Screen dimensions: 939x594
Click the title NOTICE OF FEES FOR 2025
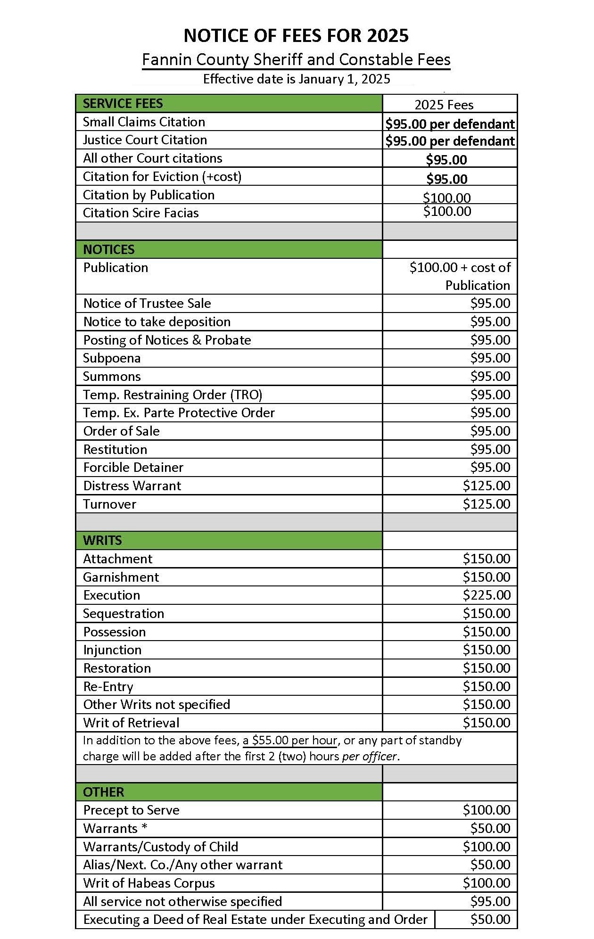pyautogui.click(x=296, y=36)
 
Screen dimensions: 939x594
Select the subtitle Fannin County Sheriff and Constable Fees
pyautogui.click(x=296, y=60)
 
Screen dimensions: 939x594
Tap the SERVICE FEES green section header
pyautogui.click(x=123, y=104)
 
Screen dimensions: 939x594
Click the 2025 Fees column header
pyautogui.click(x=444, y=105)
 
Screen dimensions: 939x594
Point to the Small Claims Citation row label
pyautogui.click(x=144, y=122)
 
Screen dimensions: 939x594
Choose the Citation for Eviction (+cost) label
pyautogui.click(x=162, y=177)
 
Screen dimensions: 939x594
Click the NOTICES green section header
pyautogui.click(x=109, y=249)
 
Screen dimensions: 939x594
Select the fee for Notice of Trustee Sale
pyautogui.click(x=490, y=304)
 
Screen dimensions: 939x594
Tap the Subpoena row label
pyautogui.click(x=112, y=358)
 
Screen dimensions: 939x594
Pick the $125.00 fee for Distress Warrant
pyautogui.click(x=486, y=486)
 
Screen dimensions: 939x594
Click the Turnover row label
pyautogui.click(x=109, y=504)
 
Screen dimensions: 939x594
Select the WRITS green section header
pyautogui.click(x=102, y=540)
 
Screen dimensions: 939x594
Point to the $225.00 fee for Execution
pyautogui.click(x=486, y=595)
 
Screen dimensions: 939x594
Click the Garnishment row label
pyautogui.click(x=121, y=577)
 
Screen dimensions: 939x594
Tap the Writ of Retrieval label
pyautogui.click(x=131, y=723)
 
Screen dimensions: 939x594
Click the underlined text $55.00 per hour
pyautogui.click(x=290, y=741)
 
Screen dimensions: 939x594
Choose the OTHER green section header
pyautogui.click(x=103, y=792)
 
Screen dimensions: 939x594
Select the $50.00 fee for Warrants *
pyautogui.click(x=490, y=829)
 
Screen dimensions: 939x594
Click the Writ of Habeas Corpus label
pyautogui.click(x=149, y=883)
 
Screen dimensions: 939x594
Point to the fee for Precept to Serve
pyautogui.click(x=486, y=810)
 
